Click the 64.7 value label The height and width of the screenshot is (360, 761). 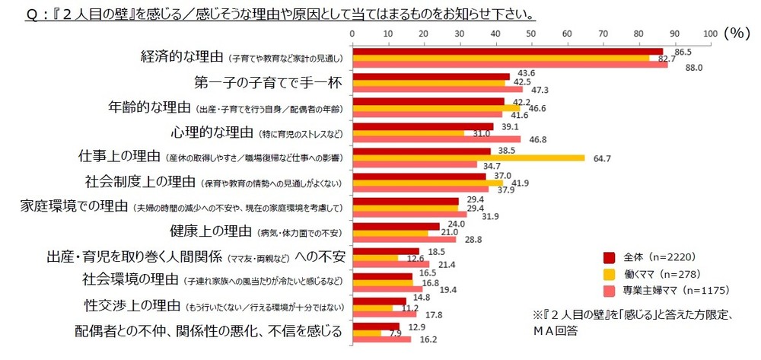click(x=600, y=158)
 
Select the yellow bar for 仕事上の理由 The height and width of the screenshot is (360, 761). click(x=468, y=158)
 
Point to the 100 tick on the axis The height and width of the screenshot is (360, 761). click(x=710, y=33)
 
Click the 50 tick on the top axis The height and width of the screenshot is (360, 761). click(x=531, y=33)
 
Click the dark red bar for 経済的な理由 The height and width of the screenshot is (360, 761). click(x=507, y=50)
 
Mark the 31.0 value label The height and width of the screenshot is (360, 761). click(x=481, y=134)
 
